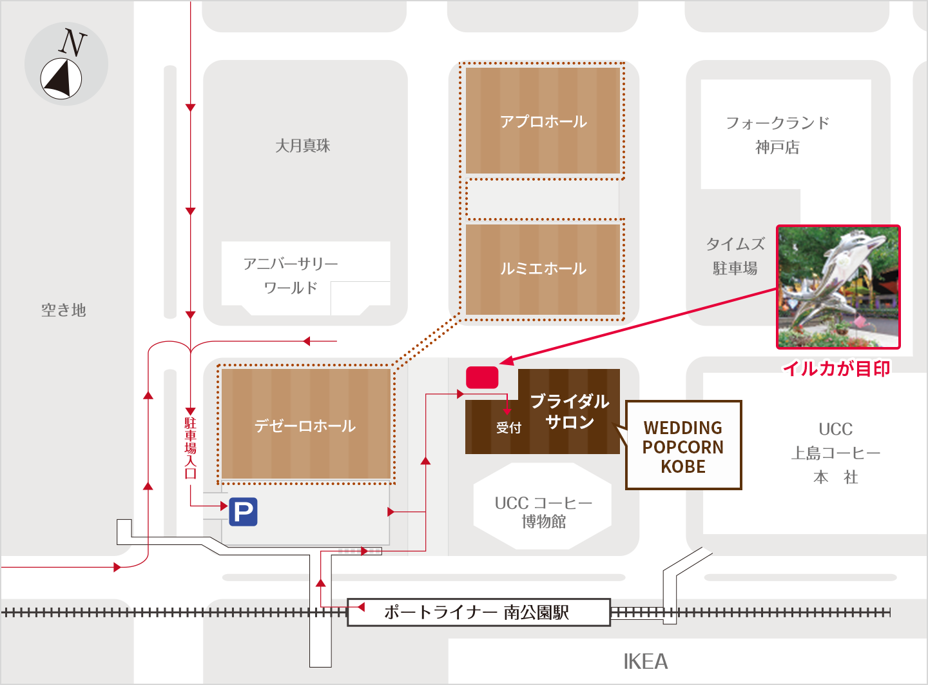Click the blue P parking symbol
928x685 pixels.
click(x=243, y=512)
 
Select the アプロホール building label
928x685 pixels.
click(x=543, y=121)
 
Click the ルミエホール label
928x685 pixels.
click(x=543, y=268)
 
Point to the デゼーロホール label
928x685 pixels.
click(x=305, y=426)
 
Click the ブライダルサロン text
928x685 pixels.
click(x=569, y=412)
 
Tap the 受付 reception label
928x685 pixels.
click(x=508, y=428)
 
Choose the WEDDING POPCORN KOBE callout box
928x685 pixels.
click(x=683, y=446)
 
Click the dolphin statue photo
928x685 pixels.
click(x=838, y=287)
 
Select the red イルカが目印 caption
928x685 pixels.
click(x=836, y=368)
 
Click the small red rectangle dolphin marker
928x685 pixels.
click(x=482, y=377)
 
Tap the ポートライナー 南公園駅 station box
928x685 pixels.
click(x=478, y=612)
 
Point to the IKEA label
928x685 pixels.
click(x=645, y=662)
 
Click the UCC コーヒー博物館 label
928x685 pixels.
click(x=543, y=511)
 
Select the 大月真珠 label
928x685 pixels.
click(x=302, y=146)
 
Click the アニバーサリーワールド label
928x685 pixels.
click(x=291, y=275)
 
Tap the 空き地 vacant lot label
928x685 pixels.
click(x=63, y=310)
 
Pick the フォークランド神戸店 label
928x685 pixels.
click(x=777, y=135)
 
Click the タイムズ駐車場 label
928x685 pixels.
click(x=735, y=256)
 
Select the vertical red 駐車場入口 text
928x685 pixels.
click(x=190, y=448)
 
